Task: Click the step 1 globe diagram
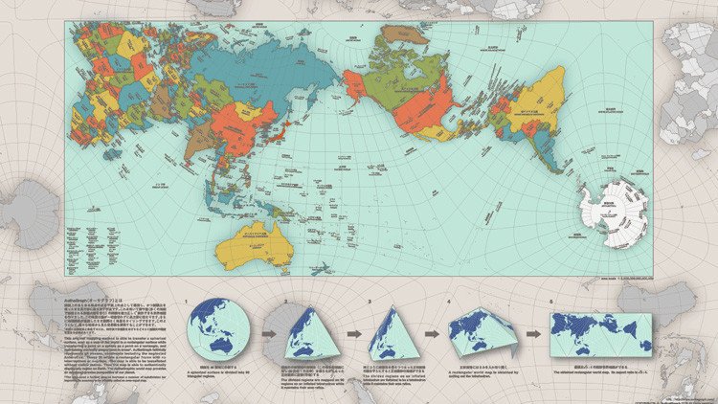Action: point(218,331)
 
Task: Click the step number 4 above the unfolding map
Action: point(448,300)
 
